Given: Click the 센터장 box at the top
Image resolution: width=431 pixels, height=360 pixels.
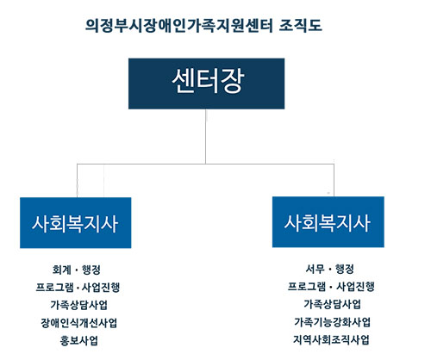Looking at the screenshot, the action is tap(206, 84).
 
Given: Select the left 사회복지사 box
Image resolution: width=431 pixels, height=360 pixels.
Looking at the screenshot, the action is tap(76, 223).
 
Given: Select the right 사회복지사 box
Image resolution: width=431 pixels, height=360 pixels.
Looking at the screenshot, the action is tap(328, 222).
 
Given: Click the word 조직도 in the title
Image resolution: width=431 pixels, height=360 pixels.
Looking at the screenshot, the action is tap(300, 25).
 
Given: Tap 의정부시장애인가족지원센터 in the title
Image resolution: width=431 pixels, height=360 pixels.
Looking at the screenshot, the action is tap(179, 25).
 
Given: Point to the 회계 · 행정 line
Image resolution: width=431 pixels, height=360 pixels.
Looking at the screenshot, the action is tap(77, 270).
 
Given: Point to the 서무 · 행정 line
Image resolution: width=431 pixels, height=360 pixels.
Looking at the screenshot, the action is tap(330, 269).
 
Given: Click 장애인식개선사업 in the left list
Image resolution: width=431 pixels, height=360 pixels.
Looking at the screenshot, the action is tap(79, 323).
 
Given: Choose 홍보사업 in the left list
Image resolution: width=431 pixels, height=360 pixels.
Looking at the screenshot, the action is tap(79, 340).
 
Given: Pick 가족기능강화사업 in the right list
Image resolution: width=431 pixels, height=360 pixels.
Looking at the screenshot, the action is tap(332, 322).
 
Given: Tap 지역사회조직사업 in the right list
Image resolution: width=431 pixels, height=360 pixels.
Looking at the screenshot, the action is tap(331, 339).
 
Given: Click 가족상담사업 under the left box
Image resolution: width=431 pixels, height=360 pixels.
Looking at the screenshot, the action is tap(79, 305).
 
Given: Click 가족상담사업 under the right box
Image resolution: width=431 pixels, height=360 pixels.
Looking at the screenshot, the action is tap(333, 304).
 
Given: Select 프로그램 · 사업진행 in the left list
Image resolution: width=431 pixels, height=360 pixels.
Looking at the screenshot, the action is tap(78, 287).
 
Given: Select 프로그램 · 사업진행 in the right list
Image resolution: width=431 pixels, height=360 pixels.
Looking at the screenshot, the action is tap(331, 286).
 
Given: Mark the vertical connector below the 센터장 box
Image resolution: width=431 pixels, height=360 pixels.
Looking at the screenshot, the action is tap(206, 136).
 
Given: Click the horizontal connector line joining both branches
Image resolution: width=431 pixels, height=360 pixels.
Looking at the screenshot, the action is tap(205, 164).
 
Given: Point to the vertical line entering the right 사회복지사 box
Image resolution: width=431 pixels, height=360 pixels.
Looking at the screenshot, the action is tap(334, 180).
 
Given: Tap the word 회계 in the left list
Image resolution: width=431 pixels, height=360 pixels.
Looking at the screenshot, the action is tap(61, 270).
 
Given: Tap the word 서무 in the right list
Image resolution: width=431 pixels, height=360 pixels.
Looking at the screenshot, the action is tap(315, 269).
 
